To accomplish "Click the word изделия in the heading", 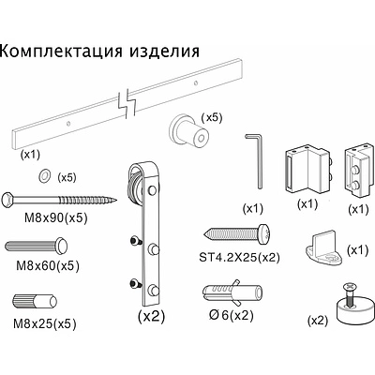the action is point(164,51).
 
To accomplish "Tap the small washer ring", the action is point(44,175).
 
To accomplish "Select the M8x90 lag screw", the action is point(59,199).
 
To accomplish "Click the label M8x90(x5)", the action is point(56,217).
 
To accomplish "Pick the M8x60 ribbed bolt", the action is point(37,246).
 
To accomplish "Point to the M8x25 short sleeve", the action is point(35,301).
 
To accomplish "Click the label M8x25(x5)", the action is point(45,324).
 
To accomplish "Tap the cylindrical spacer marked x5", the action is point(189,131).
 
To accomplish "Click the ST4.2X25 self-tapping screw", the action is point(236,233).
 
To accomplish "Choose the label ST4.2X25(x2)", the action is point(239,258).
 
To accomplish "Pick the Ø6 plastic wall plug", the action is point(232,292).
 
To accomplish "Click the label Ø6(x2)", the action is point(231,316).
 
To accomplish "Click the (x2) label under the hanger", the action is point(151,317).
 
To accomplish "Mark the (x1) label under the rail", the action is point(30,155).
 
